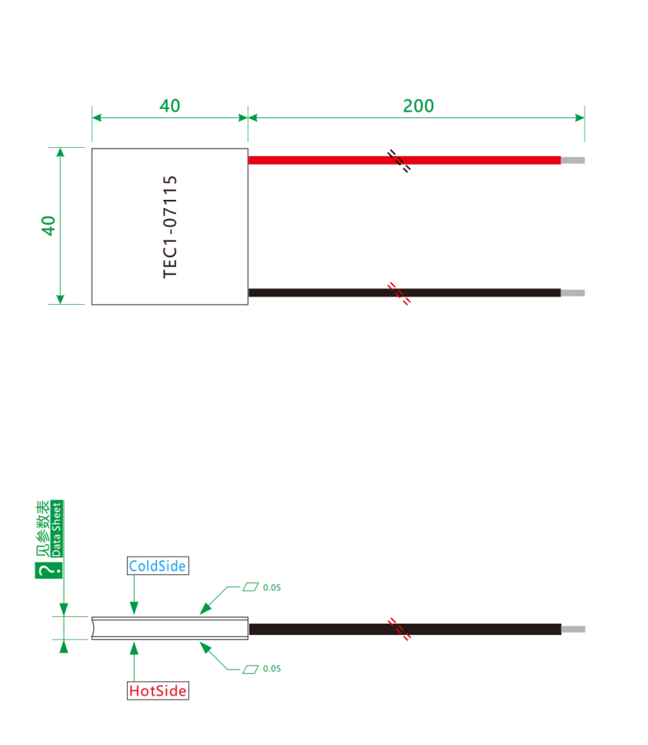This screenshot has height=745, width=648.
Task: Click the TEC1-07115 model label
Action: (170, 226)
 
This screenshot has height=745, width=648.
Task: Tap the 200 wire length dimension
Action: (419, 106)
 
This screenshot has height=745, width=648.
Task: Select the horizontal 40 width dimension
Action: (170, 106)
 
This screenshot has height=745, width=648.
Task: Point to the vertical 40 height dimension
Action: (49, 225)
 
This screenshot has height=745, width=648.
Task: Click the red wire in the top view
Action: (404, 160)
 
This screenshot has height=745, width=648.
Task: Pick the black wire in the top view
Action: (404, 292)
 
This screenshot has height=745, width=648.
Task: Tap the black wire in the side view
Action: (405, 629)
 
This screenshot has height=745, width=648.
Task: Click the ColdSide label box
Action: (158, 566)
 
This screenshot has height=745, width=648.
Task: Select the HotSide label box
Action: (158, 690)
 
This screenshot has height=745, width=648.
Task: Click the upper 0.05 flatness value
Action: (272, 588)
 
